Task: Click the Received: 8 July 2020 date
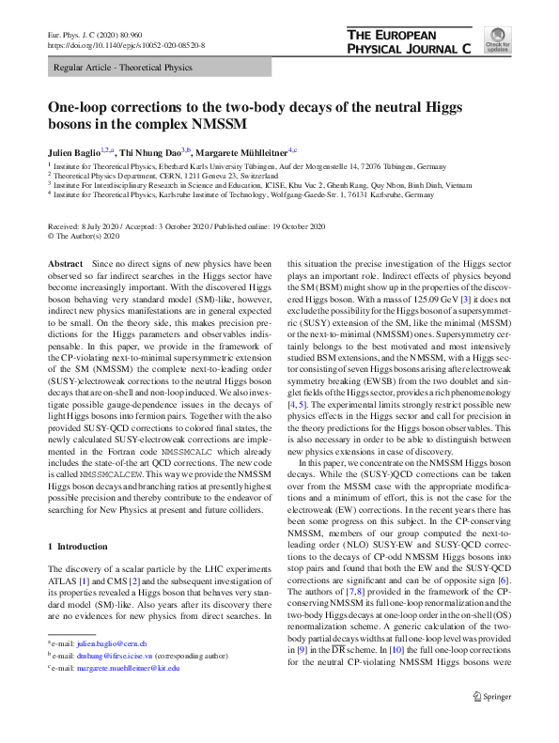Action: [85, 228]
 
